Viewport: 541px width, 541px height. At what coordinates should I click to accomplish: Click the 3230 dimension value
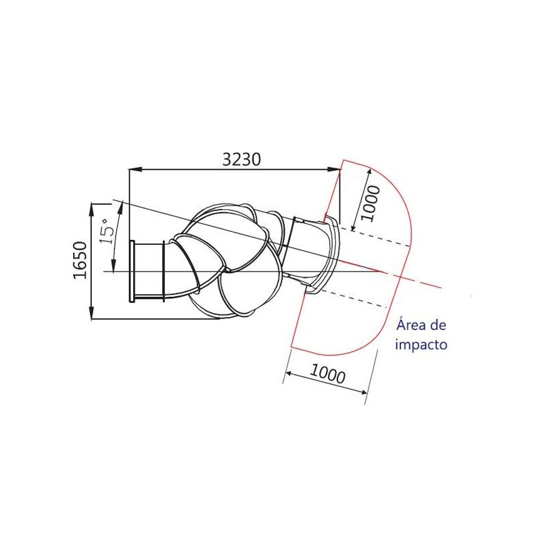pyautogui.click(x=241, y=160)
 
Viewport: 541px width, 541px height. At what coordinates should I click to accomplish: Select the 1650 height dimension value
pyautogui.click(x=80, y=260)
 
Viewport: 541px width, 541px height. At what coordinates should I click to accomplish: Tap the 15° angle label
pyautogui.click(x=108, y=231)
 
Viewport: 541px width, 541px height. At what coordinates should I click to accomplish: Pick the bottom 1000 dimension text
pyautogui.click(x=327, y=374)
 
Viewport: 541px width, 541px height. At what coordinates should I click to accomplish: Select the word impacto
pyautogui.click(x=421, y=344)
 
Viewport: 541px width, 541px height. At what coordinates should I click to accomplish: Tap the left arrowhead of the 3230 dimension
pyautogui.click(x=135, y=169)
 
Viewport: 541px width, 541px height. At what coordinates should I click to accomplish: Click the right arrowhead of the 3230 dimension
pyautogui.click(x=333, y=169)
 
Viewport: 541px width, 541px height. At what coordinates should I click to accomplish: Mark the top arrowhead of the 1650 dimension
pyautogui.click(x=92, y=210)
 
